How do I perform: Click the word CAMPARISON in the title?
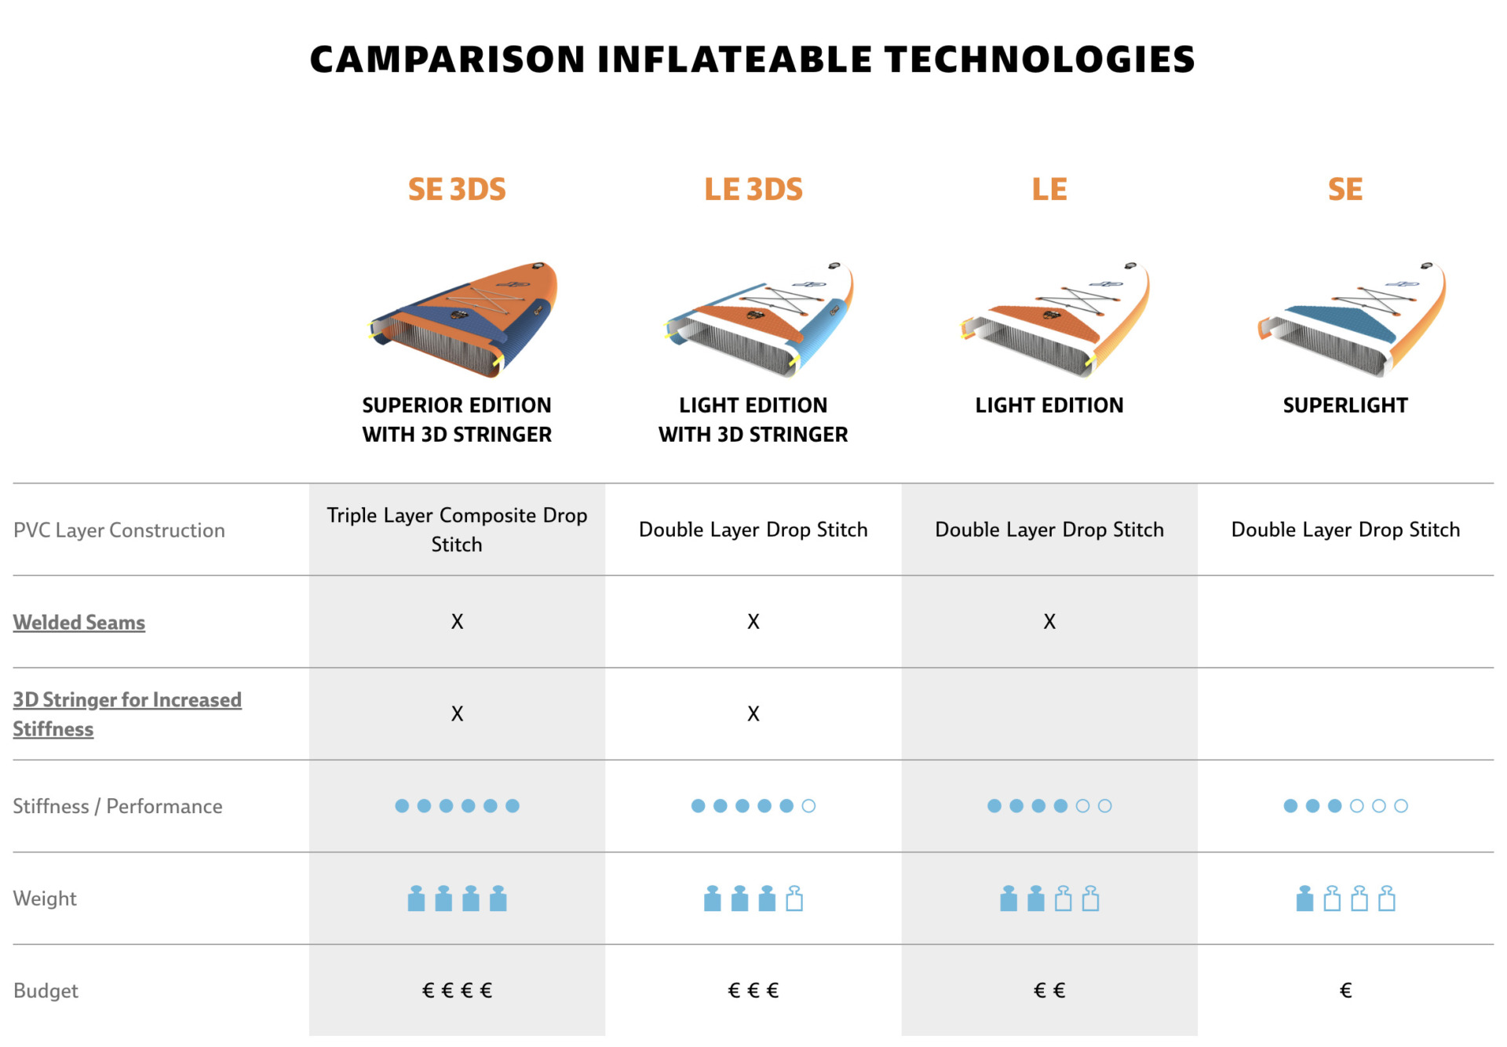click(447, 60)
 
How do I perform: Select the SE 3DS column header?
click(457, 189)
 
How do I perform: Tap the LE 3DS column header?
click(753, 189)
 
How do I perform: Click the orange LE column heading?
click(1049, 189)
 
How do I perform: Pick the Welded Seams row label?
click(79, 622)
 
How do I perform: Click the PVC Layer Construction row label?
click(119, 531)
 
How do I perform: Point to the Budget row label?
click(46, 990)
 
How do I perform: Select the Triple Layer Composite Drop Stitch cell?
click(457, 530)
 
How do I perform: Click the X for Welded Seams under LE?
click(1049, 622)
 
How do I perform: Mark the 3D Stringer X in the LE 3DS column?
click(753, 713)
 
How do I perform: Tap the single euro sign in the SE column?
click(1345, 990)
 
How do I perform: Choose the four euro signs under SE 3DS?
click(457, 990)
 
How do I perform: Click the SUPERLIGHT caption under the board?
click(1345, 405)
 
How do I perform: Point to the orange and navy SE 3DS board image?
click(463, 319)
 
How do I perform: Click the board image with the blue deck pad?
click(1352, 319)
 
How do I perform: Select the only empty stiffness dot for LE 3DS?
click(808, 806)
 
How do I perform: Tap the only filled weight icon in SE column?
click(1304, 899)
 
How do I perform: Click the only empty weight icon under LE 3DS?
click(794, 899)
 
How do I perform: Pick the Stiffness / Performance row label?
click(118, 806)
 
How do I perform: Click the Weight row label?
click(45, 899)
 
